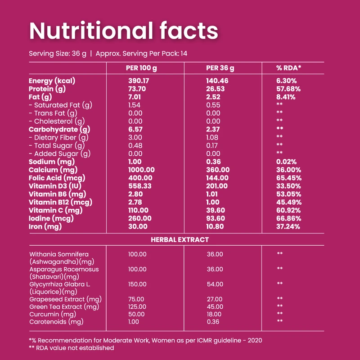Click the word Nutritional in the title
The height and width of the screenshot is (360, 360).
point(91,31)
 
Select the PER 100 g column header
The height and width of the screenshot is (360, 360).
point(141,68)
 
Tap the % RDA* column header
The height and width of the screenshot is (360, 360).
point(288,68)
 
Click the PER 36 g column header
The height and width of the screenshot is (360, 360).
point(220,68)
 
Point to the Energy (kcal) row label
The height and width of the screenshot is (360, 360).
point(52,81)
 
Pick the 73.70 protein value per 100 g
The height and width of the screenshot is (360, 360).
point(137,89)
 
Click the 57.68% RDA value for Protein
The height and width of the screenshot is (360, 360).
point(288,89)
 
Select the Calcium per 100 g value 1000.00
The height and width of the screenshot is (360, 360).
point(141,170)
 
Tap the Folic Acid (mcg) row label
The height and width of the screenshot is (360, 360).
point(57,178)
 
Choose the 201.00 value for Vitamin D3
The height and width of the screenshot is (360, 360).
point(217,186)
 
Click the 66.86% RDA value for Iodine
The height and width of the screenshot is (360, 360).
point(289,218)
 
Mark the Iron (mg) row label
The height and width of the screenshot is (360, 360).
point(45,227)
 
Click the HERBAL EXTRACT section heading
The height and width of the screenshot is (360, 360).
point(180,240)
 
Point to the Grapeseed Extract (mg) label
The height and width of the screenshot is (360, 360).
point(65,299)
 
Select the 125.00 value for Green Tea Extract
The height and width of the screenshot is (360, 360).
point(137,307)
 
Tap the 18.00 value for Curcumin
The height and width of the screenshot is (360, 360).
point(214,314)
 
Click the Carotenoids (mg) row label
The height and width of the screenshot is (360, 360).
point(56,322)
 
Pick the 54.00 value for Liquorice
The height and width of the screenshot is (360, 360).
point(215,284)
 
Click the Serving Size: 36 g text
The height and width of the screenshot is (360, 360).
point(58,54)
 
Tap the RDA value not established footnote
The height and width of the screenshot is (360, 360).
point(75,348)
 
